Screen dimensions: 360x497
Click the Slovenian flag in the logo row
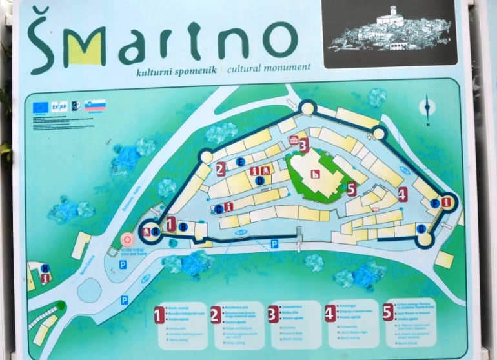point(95,106)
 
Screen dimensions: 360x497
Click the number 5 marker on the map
point(351,189)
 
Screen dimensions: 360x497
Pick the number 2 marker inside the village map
point(221,170)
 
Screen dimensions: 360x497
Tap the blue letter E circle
point(241,161)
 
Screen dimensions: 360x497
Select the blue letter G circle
point(421,228)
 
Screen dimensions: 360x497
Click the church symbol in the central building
point(315,174)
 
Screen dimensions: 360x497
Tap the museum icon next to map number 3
point(294,141)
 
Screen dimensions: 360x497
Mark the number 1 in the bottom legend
point(159,315)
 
